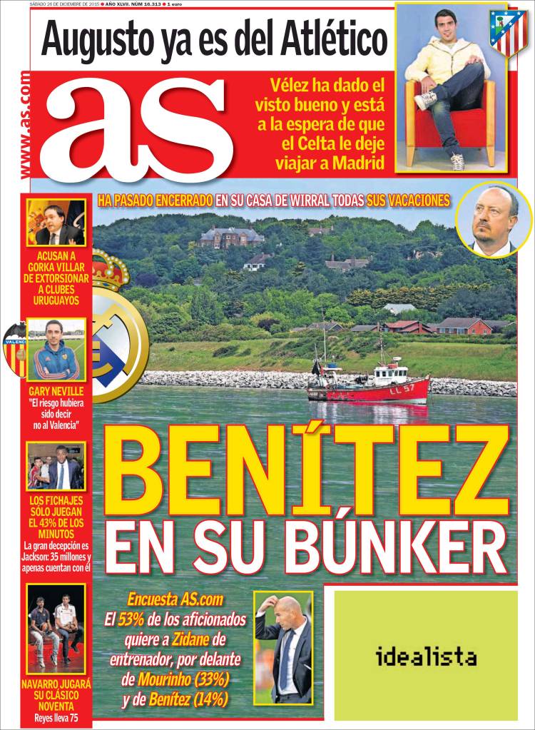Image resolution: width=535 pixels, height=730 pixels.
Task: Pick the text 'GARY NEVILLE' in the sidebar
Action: point(56,392)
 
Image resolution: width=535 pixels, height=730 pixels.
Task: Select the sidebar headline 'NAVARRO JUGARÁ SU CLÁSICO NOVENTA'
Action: point(56,696)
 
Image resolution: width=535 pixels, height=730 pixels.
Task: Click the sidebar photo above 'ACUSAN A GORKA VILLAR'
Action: point(56,222)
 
